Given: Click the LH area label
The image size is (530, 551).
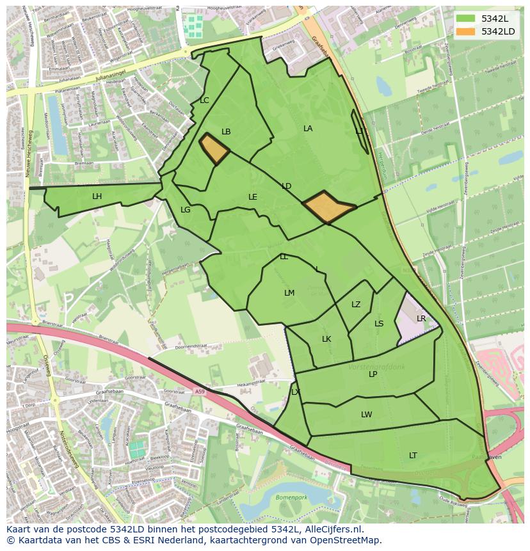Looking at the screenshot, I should (x=97, y=196).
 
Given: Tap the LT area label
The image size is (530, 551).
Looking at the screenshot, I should (x=413, y=456).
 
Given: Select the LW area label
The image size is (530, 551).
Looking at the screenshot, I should (x=366, y=415).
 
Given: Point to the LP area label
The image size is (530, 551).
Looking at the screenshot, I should (x=373, y=374).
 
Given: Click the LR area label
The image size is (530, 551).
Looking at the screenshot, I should (x=421, y=319).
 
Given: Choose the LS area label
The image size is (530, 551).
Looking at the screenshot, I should (x=379, y=324).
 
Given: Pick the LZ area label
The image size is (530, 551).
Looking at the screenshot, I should (x=356, y=305).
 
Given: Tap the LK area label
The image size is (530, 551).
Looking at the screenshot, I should (x=326, y=339).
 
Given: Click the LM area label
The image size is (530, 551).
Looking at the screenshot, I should (x=289, y=293).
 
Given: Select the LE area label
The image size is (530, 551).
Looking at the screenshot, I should (x=253, y=197).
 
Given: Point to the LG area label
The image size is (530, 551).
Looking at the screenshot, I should (x=186, y=210).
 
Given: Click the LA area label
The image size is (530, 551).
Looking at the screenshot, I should (x=308, y=129).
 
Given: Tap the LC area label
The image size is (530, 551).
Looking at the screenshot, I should (x=204, y=100).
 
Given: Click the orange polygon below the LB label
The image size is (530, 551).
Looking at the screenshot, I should (x=214, y=149).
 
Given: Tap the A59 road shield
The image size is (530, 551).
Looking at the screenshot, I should (x=200, y=392).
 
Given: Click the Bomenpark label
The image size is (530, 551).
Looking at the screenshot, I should (x=291, y=497).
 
